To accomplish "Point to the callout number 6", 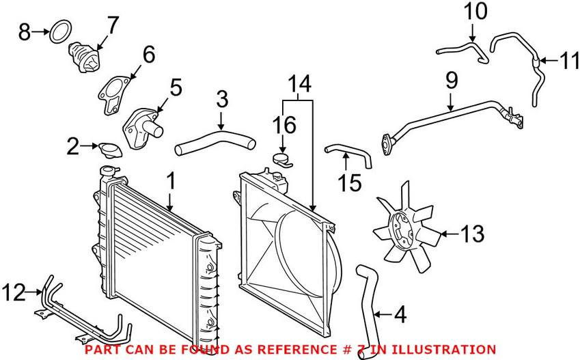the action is coord(148,53).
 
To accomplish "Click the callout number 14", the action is coord(298,85).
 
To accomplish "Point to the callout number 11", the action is coord(570,63).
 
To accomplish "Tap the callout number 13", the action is coord(471,234).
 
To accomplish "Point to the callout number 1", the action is coord(171,182).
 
